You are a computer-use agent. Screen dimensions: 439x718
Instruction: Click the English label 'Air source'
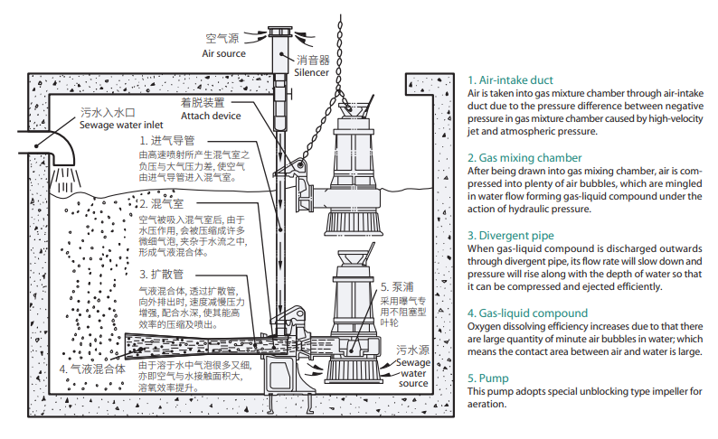pyautogui.click(x=222, y=54)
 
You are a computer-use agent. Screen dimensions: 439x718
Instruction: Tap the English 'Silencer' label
pyautogui.click(x=312, y=72)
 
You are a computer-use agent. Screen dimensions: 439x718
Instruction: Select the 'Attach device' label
pyautogui.click(x=211, y=116)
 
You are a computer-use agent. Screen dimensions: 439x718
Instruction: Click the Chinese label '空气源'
pyautogui.click(x=222, y=39)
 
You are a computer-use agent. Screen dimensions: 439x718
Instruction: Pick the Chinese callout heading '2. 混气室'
pyautogui.click(x=162, y=205)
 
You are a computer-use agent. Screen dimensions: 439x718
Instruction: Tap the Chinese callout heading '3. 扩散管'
pyautogui.click(x=162, y=273)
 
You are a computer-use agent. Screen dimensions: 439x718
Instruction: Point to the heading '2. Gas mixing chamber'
pyautogui.click(x=524, y=157)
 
